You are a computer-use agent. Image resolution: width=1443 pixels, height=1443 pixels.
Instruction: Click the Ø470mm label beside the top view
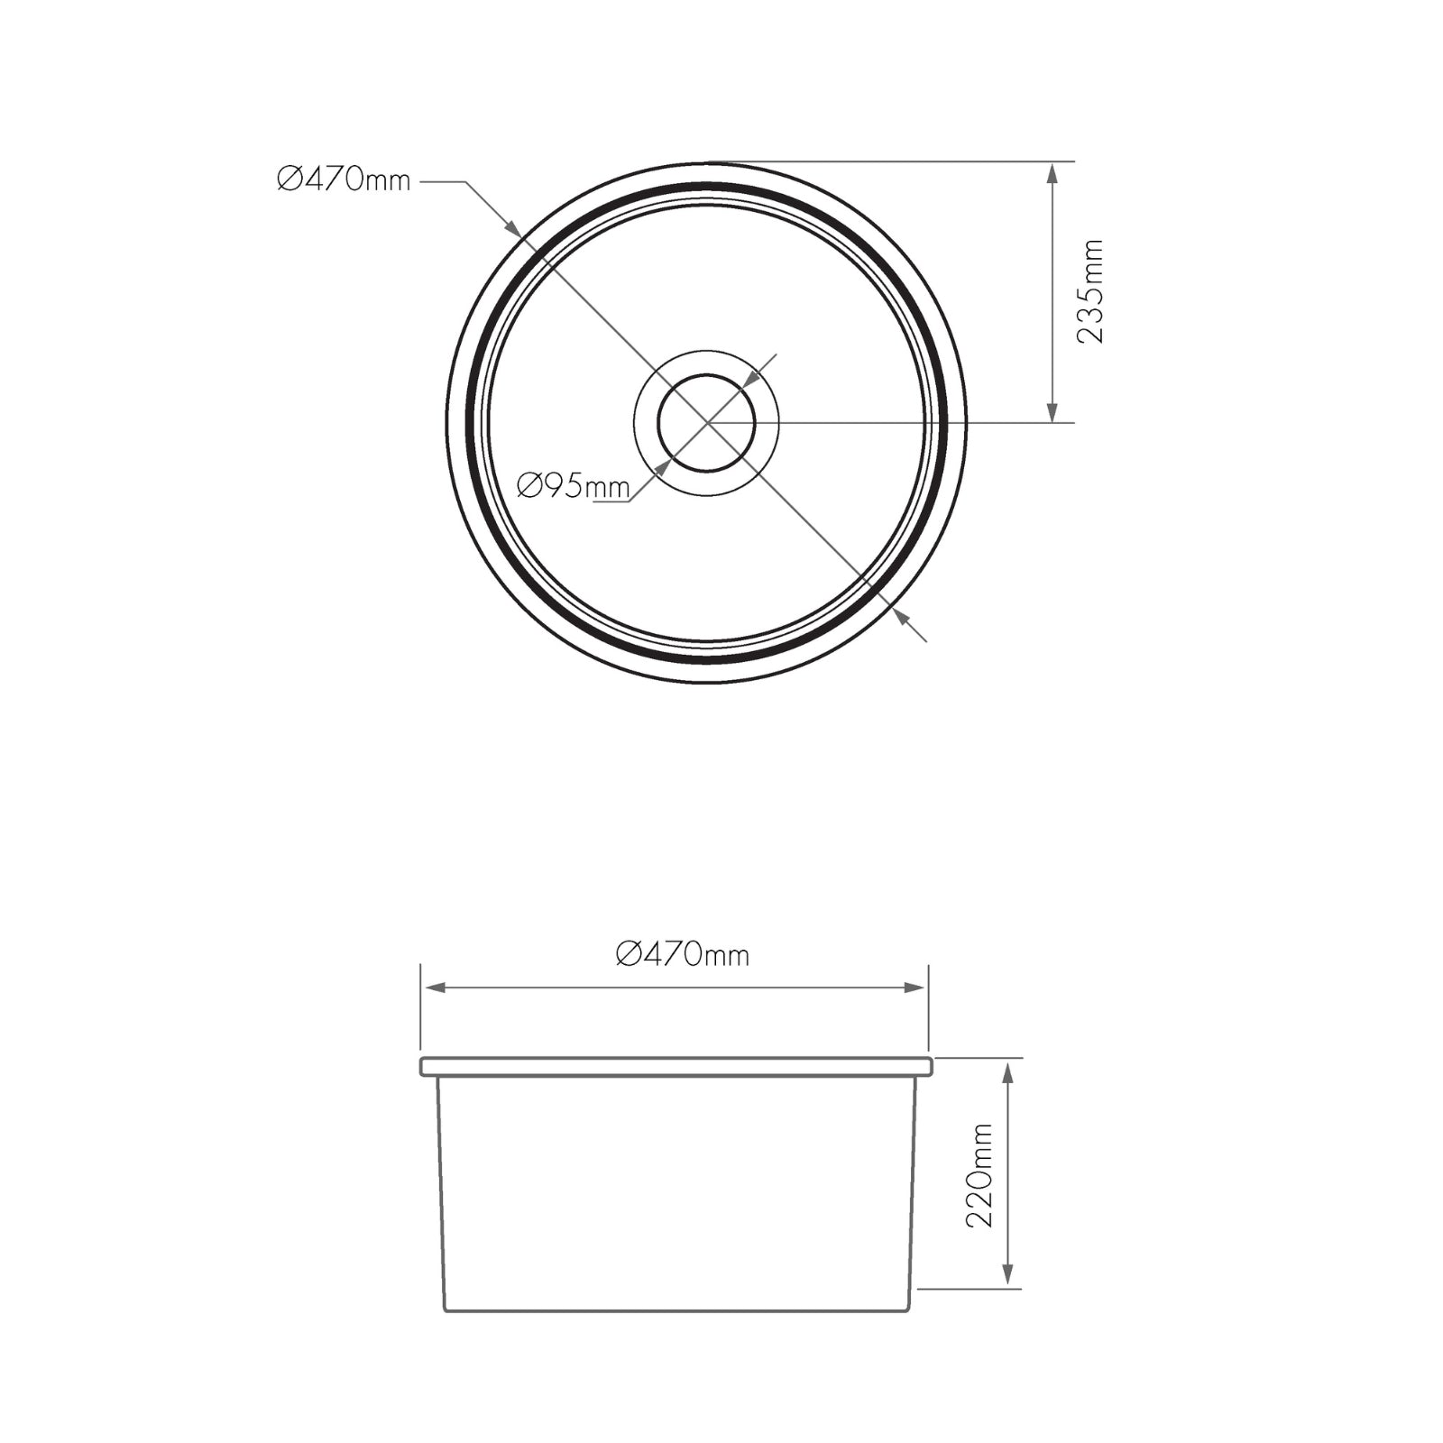tap(344, 180)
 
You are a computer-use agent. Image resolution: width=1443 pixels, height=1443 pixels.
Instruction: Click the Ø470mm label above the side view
tap(683, 953)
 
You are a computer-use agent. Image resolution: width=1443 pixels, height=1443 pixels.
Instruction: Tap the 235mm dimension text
tap(1090, 291)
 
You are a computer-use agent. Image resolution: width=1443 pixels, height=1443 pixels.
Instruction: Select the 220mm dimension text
tap(979, 1175)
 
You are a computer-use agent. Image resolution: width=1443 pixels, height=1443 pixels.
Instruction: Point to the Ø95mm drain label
tap(573, 487)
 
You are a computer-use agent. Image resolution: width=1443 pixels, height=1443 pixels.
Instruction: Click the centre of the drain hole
tap(706, 422)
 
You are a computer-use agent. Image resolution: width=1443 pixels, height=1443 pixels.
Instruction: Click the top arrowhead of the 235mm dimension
tap(1052, 172)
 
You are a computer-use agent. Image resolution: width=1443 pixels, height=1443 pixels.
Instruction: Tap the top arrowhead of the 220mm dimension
tap(1008, 1071)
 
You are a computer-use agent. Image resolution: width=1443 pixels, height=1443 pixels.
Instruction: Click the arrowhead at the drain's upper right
tap(748, 381)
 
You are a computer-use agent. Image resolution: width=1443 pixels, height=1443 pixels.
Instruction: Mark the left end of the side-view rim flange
tap(422, 1067)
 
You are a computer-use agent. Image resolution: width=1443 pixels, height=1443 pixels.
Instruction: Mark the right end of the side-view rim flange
tap(931, 1067)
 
